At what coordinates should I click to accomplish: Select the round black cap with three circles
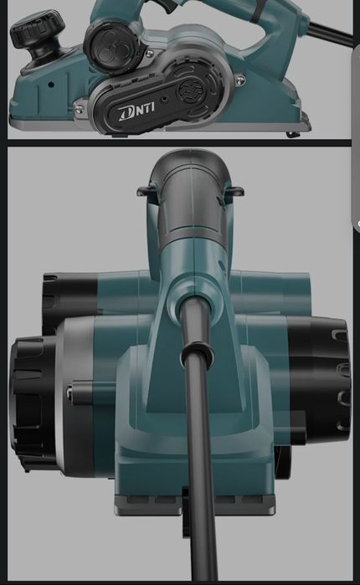[x=111, y=47]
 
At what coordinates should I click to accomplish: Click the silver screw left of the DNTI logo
[x=80, y=110]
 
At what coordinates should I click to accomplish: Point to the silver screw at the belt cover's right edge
[x=240, y=80]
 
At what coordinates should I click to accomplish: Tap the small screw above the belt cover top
[x=149, y=54]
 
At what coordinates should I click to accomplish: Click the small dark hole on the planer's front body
[x=51, y=85]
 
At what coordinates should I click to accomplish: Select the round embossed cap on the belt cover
[x=191, y=90]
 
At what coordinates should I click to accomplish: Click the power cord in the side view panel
[x=329, y=33]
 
